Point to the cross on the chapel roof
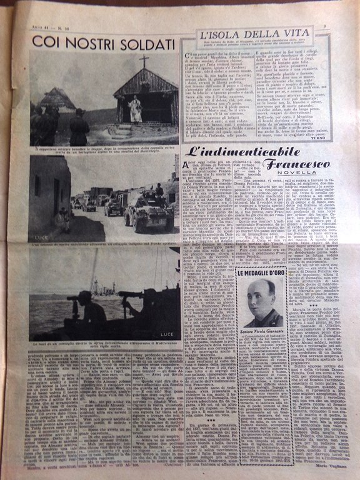[144, 62]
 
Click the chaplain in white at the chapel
[135, 108]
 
